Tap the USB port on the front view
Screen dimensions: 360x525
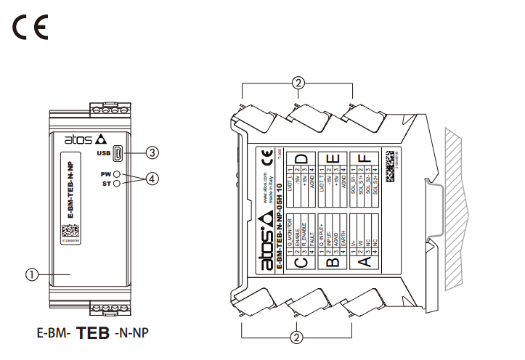pos(118,153)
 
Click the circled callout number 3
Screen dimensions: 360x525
pos(152,152)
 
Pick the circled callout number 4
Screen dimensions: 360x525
pos(152,178)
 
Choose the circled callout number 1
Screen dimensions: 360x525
pos(31,274)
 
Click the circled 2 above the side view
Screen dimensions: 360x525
pos(296,83)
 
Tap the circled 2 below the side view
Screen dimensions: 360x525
pos(296,337)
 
